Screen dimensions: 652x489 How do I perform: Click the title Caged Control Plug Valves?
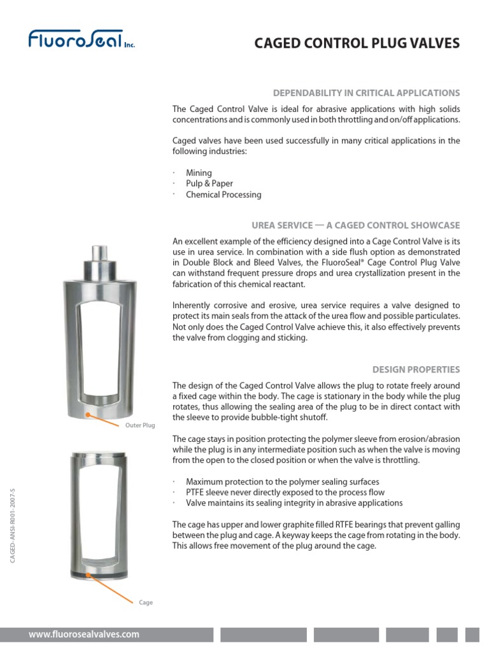pos(357,43)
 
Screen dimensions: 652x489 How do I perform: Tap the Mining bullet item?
pos(199,173)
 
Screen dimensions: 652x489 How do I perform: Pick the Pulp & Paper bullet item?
pos(209,184)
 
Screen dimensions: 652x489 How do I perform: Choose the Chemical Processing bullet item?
pos(223,195)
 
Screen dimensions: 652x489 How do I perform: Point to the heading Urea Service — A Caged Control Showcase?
pos(355,225)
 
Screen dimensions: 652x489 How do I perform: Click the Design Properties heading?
pos(416,369)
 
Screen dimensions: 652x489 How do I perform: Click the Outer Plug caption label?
pos(139,425)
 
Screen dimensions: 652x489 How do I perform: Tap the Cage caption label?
pos(146,602)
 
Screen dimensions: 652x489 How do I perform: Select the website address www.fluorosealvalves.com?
pos(83,634)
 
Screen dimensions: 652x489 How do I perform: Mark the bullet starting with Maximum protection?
pos(282,481)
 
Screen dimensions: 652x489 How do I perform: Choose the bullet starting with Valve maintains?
pos(294,503)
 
